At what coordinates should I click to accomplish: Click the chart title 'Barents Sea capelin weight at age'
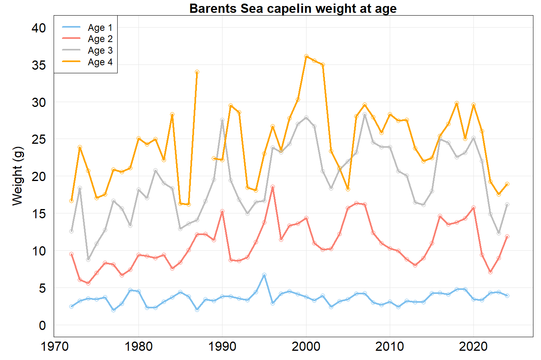click(293, 8)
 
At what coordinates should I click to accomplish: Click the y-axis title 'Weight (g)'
click(18, 176)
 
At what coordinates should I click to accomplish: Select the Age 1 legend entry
click(100, 28)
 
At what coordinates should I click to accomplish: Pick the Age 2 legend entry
click(100, 39)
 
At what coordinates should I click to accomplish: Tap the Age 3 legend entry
click(100, 50)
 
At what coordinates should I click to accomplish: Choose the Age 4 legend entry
click(100, 62)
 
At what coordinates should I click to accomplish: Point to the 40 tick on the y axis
click(39, 28)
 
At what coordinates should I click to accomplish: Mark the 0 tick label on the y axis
click(42, 326)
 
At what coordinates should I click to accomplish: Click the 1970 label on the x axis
click(55, 346)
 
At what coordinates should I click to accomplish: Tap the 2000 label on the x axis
click(306, 346)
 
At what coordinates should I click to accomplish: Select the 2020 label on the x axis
click(473, 346)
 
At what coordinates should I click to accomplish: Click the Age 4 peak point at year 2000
click(306, 56)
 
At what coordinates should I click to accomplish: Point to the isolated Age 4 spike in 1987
click(197, 72)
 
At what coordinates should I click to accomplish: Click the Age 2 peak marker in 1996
click(273, 187)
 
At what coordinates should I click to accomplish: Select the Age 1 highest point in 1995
click(264, 275)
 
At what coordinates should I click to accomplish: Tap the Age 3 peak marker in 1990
click(222, 120)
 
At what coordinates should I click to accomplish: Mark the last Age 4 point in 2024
click(507, 184)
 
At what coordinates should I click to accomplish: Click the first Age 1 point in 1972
click(72, 306)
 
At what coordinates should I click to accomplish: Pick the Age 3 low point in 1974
click(88, 259)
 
